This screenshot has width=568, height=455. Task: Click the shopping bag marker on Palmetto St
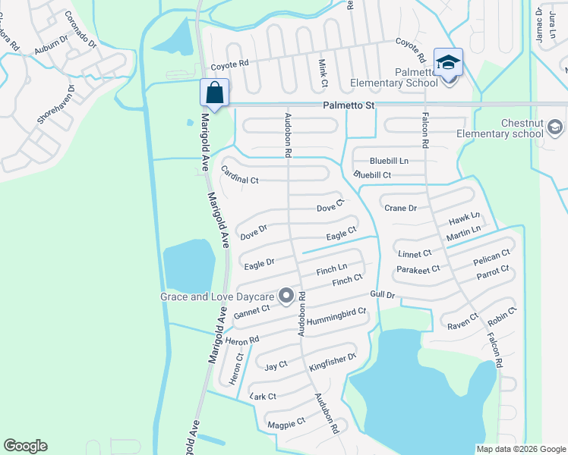point(215,93)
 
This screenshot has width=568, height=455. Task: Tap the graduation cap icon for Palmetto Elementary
point(448,63)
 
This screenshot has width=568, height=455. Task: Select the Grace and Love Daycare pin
point(286,296)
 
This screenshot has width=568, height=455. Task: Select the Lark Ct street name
point(263,396)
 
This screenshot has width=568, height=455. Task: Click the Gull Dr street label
point(383,294)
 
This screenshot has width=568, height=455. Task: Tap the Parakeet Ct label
point(418,269)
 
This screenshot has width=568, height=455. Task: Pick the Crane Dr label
point(401,208)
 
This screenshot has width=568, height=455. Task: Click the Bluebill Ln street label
point(389,161)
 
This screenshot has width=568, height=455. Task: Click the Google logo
point(25,446)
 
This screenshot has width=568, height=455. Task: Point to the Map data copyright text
point(520,449)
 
